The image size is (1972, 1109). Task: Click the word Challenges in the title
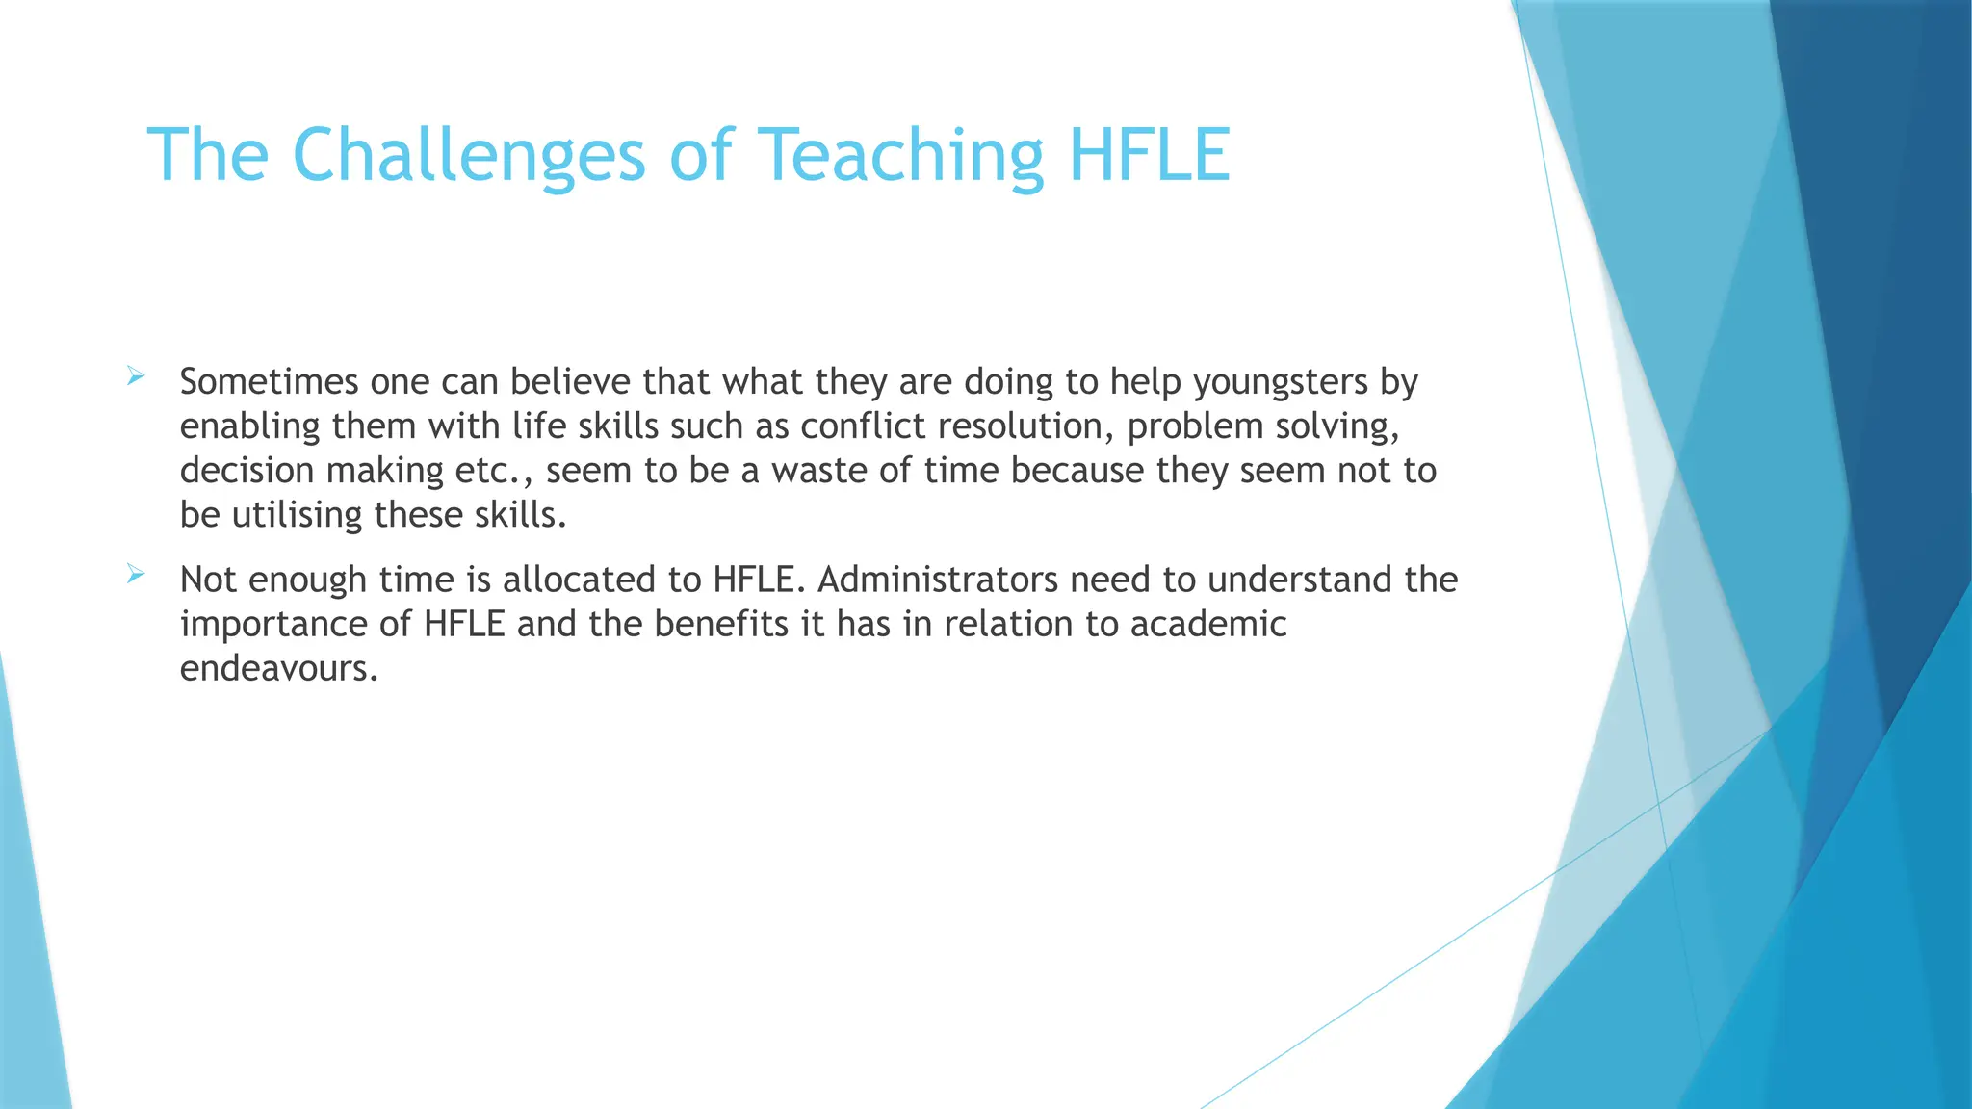tap(468, 155)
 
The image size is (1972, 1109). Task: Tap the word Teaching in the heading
tap(901, 155)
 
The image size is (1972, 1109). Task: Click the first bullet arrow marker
tap(136, 376)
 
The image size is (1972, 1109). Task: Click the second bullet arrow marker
tap(136, 575)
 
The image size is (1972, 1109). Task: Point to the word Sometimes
tap(269, 382)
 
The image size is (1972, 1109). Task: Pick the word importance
tap(272, 624)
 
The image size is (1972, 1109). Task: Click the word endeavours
tap(278, 668)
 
